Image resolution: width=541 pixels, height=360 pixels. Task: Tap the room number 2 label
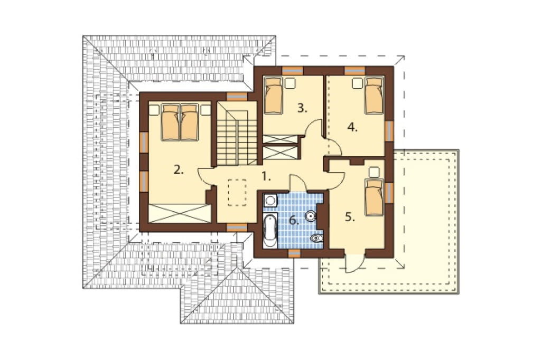(178, 169)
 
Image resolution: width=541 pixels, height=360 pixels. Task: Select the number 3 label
(302, 108)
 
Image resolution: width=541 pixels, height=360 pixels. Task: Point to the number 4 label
(352, 128)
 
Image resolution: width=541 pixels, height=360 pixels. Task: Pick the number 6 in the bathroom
(294, 220)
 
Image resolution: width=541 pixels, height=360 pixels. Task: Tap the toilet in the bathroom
(316, 239)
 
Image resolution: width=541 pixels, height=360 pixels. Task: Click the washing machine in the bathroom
(270, 201)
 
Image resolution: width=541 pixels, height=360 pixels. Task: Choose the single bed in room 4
(374, 95)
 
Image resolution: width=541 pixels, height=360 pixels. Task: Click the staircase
(237, 134)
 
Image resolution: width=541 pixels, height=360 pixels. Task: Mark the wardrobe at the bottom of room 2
(180, 213)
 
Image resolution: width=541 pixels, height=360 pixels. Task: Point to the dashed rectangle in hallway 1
(237, 193)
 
